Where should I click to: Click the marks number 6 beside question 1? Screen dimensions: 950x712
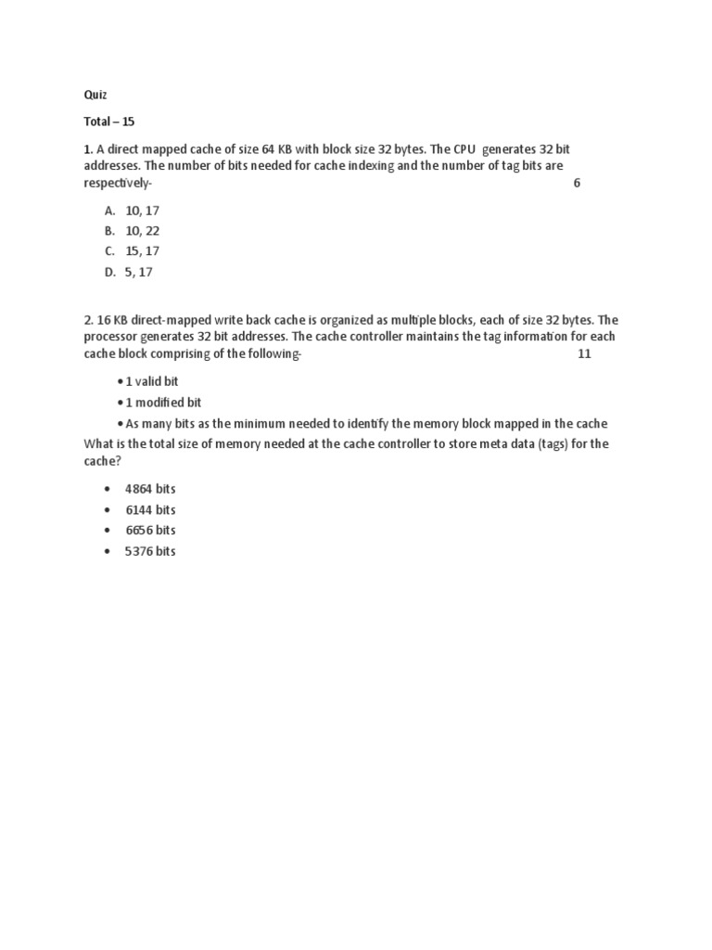(x=577, y=183)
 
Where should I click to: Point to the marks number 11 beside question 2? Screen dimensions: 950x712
(x=584, y=354)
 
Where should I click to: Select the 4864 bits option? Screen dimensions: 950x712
(x=150, y=489)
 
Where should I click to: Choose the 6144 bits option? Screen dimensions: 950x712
(x=150, y=509)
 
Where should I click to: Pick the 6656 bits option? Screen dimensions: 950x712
(x=150, y=530)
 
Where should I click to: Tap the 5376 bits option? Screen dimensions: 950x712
(x=150, y=551)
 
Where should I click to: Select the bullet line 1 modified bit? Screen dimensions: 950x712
(x=163, y=403)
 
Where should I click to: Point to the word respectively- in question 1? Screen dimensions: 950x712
(x=116, y=183)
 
